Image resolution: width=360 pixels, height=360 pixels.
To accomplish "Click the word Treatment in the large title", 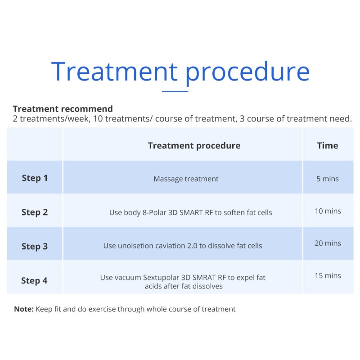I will pyautogui.click(x=114, y=71).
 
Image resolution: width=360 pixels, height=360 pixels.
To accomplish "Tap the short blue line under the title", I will pyautogui.click(x=175, y=91).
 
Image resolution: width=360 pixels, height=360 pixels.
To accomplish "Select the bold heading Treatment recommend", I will pyautogui.click(x=63, y=109).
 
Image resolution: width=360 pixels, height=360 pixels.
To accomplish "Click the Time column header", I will pyautogui.click(x=327, y=145).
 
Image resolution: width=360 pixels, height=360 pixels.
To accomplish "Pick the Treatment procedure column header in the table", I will pyautogui.click(x=194, y=145).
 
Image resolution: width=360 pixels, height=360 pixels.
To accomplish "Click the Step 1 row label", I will pyautogui.click(x=35, y=178).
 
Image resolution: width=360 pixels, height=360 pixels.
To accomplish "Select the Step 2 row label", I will pyautogui.click(x=35, y=212).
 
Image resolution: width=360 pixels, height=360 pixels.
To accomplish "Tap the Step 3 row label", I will pyautogui.click(x=35, y=247).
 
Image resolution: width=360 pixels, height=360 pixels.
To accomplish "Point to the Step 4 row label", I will pyautogui.click(x=34, y=281).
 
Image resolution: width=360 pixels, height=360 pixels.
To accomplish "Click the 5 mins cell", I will pyautogui.click(x=327, y=179).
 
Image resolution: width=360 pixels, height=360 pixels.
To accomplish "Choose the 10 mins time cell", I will pyautogui.click(x=328, y=211).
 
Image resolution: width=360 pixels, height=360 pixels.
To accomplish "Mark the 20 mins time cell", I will pyautogui.click(x=328, y=243).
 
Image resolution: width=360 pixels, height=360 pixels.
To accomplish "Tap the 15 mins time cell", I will pyautogui.click(x=328, y=276).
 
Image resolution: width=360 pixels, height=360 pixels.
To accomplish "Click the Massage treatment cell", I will pyautogui.click(x=186, y=179).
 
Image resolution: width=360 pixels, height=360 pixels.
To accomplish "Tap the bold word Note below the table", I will pyautogui.click(x=23, y=309).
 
